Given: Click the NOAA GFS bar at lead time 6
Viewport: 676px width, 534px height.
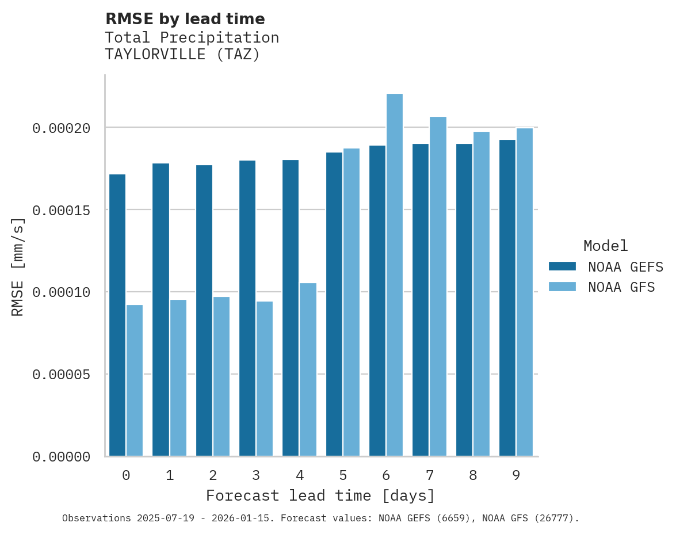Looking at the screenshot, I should click(x=395, y=275).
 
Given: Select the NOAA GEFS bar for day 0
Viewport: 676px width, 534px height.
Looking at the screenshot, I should click(x=117, y=315).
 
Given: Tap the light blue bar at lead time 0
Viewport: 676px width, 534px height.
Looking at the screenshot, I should click(x=135, y=380).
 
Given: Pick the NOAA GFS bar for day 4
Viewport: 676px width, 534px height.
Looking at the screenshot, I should click(x=308, y=369).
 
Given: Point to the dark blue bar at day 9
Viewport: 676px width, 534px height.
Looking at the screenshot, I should click(x=507, y=298).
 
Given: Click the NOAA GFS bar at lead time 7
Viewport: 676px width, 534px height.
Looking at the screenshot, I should click(x=438, y=287).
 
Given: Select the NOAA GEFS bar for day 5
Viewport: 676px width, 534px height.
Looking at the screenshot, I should click(x=334, y=304).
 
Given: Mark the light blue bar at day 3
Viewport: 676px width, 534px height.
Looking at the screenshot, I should click(x=265, y=379).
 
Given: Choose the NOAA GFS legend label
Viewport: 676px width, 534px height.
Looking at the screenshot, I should click(x=621, y=287).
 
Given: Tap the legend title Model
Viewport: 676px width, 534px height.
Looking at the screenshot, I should click(x=605, y=246).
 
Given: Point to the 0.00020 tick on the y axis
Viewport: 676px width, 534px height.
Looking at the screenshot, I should click(x=61, y=128).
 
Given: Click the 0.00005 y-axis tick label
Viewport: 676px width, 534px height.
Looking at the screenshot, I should click(x=61, y=375).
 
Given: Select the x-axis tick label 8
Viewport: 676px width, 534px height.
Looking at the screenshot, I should click(x=473, y=475).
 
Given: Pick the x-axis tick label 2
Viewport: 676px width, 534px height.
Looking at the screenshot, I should click(x=213, y=475).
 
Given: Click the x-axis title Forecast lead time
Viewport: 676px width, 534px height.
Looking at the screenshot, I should click(x=320, y=495).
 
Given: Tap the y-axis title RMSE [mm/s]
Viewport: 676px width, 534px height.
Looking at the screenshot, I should click(x=18, y=267).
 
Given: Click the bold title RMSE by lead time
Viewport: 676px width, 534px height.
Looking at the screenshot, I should click(x=185, y=19).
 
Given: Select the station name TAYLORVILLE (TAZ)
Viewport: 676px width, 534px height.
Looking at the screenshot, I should click(x=182, y=55).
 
